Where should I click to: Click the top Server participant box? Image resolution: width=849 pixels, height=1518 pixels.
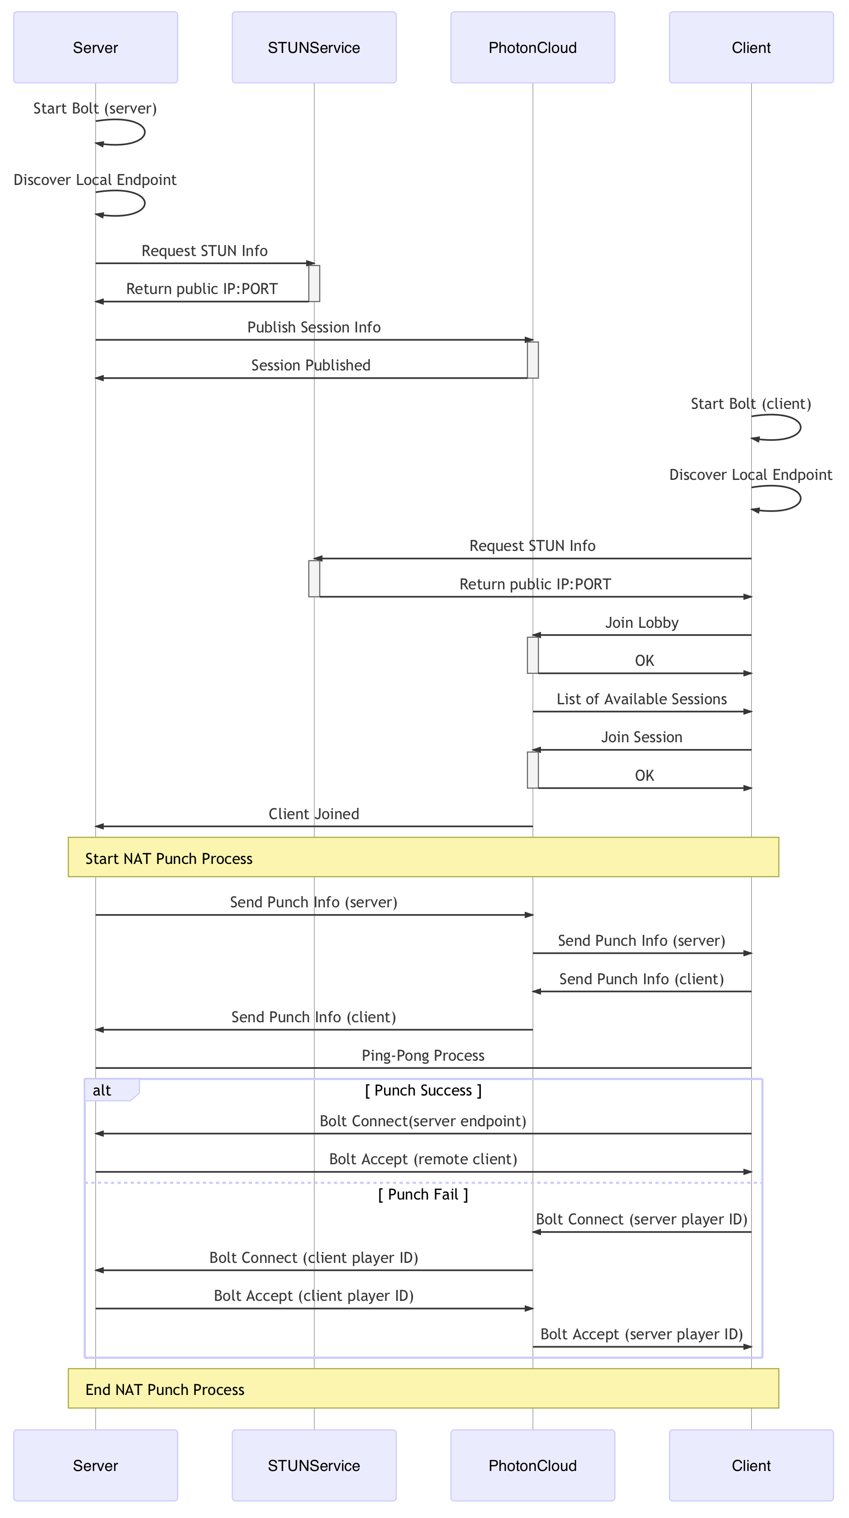[95, 47]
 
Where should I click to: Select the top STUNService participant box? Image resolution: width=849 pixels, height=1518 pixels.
[314, 47]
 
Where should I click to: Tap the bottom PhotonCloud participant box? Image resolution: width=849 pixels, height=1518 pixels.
[533, 1465]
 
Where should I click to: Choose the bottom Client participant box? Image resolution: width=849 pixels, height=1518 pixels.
[751, 1465]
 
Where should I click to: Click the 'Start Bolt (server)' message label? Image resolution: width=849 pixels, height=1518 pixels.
[95, 109]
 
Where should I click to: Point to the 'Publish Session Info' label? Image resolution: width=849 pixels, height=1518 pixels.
[314, 327]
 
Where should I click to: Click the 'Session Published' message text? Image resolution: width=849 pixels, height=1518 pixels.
[311, 365]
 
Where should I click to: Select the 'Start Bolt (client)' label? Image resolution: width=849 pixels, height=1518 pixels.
[751, 403]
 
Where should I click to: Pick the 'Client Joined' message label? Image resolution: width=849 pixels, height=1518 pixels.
[314, 814]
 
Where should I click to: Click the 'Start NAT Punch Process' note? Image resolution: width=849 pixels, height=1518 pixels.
[424, 858]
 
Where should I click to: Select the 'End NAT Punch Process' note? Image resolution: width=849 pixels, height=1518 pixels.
[424, 1388]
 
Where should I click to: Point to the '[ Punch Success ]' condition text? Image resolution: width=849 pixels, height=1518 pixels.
[424, 1090]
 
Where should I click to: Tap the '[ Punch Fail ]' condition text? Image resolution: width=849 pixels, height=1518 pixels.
[424, 1195]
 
